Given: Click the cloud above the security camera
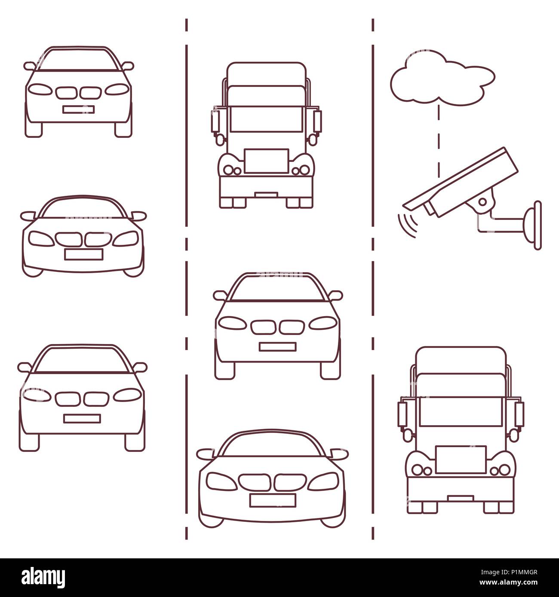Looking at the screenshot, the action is [x=442, y=79].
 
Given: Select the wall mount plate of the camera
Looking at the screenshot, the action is [x=537, y=225].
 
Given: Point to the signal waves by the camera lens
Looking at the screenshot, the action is [x=408, y=225].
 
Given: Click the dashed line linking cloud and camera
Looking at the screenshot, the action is [x=439, y=141].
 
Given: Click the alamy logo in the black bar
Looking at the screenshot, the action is [x=43, y=577].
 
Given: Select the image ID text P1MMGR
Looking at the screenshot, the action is [x=523, y=572].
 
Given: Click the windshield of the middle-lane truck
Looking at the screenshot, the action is [x=266, y=119].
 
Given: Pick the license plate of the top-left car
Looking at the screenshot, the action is [x=79, y=110].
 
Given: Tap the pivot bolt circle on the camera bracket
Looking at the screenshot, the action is [x=482, y=202].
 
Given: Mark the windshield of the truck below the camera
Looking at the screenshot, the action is [x=461, y=411].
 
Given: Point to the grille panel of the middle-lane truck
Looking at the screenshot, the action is [x=267, y=161].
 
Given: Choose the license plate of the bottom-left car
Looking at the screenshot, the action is [x=82, y=419].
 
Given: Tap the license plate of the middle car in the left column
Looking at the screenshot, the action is [x=84, y=254].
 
